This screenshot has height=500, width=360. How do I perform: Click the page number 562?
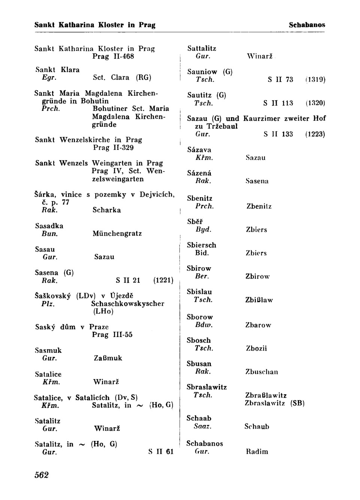[42, 475]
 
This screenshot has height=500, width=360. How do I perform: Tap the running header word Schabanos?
[307, 25]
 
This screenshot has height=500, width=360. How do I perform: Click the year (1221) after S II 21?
[163, 280]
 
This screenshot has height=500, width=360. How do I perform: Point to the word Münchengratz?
[117, 233]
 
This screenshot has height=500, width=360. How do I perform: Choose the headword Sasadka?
[49, 226]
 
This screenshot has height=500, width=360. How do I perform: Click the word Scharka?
[106, 210]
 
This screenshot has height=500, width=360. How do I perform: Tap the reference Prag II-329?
[113, 148]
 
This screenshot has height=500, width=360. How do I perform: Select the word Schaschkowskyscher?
[127, 304]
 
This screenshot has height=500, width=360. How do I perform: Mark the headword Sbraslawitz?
[207, 387]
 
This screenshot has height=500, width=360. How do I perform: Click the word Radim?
[257, 452]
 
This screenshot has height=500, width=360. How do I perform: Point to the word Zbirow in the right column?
[258, 277]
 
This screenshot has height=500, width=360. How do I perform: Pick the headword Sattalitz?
[202, 48]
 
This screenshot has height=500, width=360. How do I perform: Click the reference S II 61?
[161, 452]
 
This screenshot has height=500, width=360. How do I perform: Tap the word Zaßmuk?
[108, 358]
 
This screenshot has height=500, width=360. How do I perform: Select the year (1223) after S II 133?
[315, 134]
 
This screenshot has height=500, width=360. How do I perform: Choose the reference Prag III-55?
[112, 334]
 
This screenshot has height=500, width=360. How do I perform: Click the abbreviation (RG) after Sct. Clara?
[144, 78]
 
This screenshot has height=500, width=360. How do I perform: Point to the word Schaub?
[257, 427]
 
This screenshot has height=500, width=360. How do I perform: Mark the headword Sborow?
[200, 317]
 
